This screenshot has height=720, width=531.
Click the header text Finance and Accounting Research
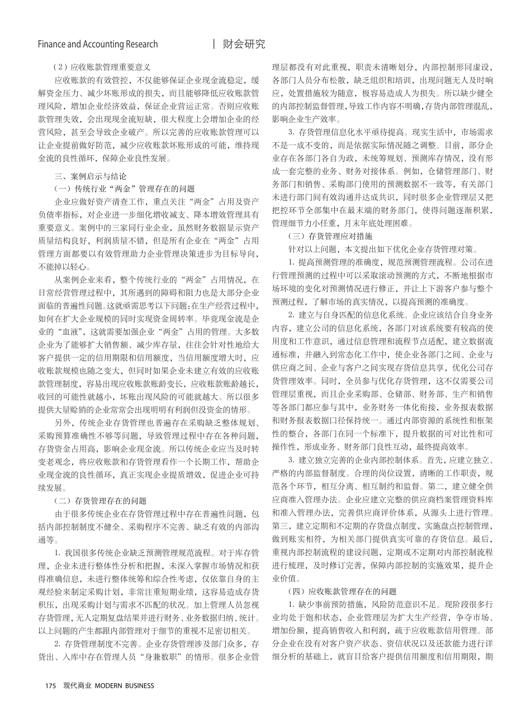(x=98, y=44)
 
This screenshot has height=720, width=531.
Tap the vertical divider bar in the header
(x=215, y=44)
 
